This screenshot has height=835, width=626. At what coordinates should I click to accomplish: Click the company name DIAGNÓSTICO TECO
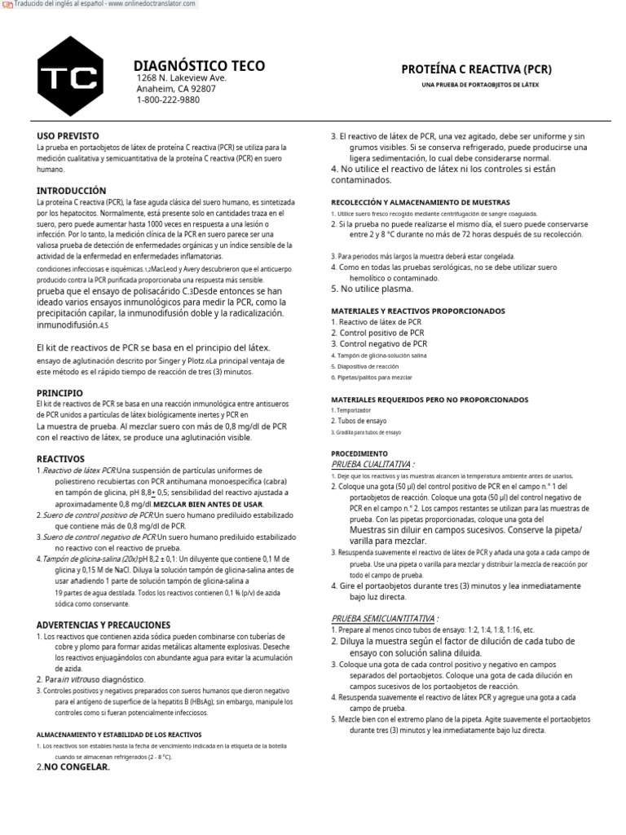[199, 66]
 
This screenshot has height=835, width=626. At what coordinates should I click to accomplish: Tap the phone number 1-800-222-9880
[168, 99]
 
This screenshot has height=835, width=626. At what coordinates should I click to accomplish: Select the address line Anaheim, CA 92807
[176, 89]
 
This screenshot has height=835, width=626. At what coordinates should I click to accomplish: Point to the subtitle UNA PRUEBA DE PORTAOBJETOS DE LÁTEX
[479, 85]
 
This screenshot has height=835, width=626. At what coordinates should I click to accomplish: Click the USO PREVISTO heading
[68, 135]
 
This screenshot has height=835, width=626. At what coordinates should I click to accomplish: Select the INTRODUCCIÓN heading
[72, 189]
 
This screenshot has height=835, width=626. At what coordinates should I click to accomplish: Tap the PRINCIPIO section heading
[60, 392]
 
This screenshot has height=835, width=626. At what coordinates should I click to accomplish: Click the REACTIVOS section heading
[62, 458]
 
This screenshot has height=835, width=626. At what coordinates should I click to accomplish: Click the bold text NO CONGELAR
[77, 767]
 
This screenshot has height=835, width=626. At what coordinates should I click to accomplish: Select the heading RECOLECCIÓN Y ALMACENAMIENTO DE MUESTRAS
[420, 201]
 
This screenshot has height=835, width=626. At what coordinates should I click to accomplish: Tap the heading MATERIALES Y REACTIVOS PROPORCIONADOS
[418, 311]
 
